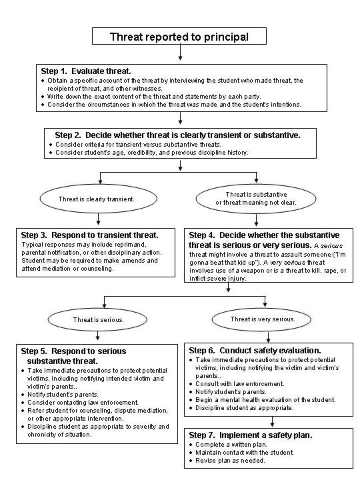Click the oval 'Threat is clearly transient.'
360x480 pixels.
coord(96,199)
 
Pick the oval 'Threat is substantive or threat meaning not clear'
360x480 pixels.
coord(255,198)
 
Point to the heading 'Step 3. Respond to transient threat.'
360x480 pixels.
coord(89,235)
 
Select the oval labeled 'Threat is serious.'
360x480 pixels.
coord(97,319)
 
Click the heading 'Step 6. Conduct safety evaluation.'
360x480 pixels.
coord(255,350)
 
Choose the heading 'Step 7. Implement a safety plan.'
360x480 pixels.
coord(251,435)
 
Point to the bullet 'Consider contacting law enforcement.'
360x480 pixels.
coord(83,403)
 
